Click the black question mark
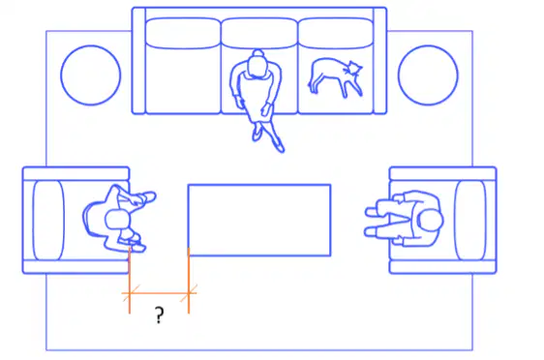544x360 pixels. (159, 315)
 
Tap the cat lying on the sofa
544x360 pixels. (335, 77)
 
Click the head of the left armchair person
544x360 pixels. (117, 220)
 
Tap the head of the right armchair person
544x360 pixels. (431, 220)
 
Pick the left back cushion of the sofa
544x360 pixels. (183, 33)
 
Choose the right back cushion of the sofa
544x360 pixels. (335, 33)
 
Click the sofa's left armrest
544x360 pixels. (138, 61)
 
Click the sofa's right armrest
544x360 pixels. (379, 61)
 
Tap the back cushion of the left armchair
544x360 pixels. (48, 221)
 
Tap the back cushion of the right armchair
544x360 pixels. (470, 221)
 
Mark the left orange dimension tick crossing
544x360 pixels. (130, 293)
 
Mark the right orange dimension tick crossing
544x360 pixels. (189, 293)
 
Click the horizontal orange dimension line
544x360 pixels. (159, 293)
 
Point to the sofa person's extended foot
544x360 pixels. (280, 147)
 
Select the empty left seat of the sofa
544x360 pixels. (183, 80)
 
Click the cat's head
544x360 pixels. (353, 68)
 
